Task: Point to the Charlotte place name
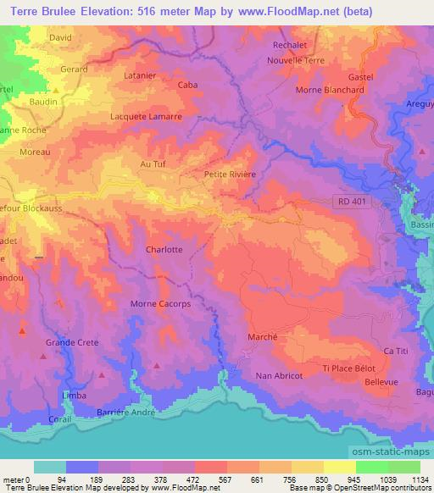164,250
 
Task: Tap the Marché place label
263,336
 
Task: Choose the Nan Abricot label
279,375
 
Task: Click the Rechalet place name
288,45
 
